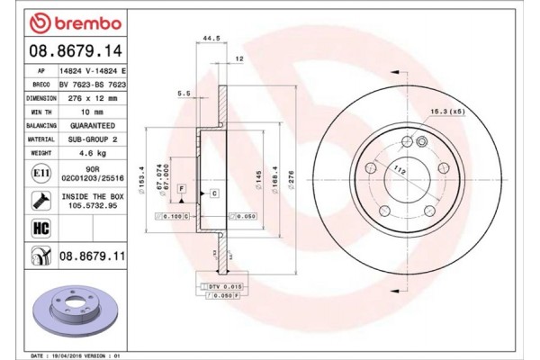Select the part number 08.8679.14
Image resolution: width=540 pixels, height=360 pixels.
[65, 51]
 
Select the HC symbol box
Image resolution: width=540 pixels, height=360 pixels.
[41, 228]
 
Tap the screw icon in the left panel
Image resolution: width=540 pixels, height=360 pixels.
[40, 199]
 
